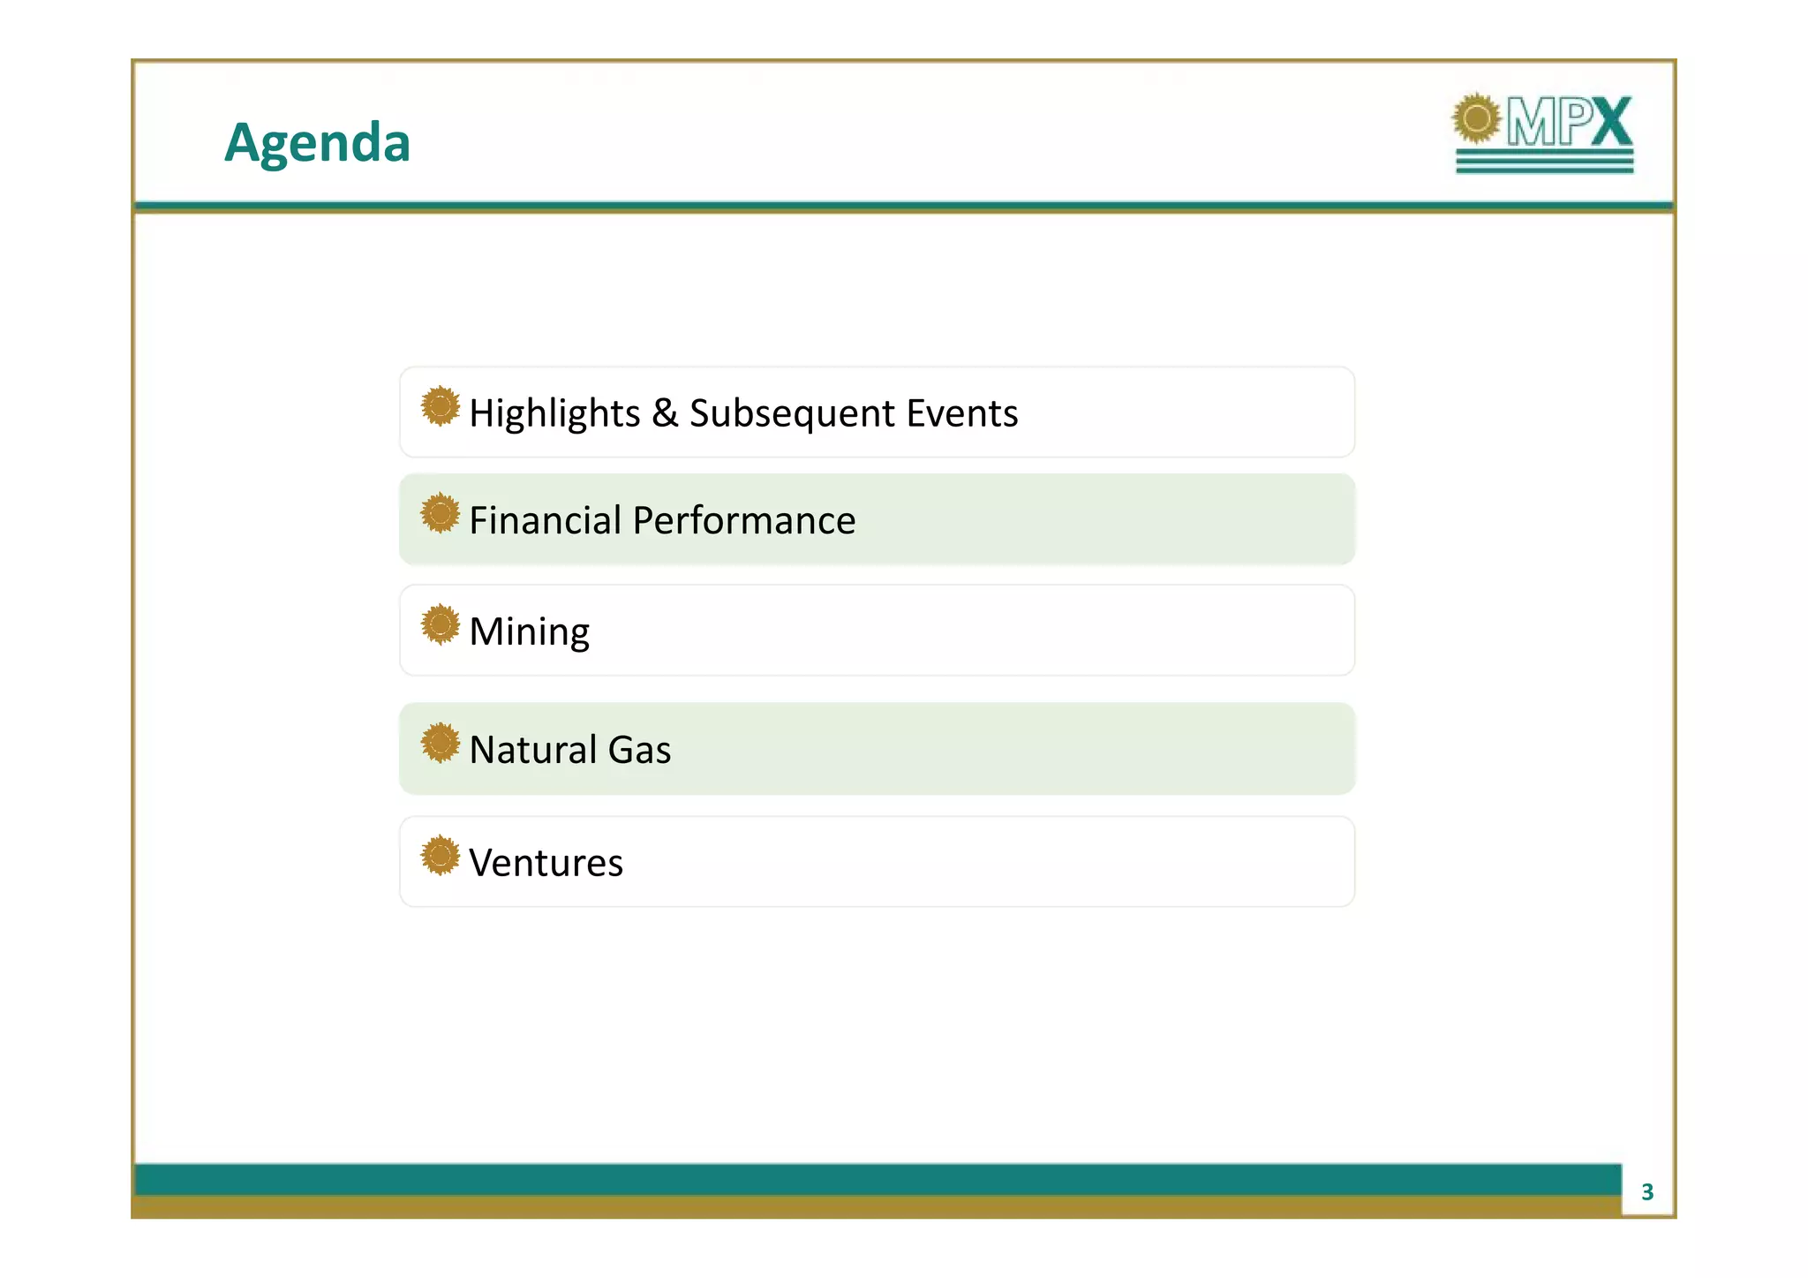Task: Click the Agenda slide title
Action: tap(317, 143)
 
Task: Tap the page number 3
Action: tap(1646, 1192)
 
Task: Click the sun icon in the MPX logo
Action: tap(1477, 118)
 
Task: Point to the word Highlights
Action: tap(554, 413)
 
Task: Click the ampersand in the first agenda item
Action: tap(665, 412)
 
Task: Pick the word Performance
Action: tap(743, 520)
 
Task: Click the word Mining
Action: tap(529, 632)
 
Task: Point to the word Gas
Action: tap(639, 750)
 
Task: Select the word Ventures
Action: tap(546, 863)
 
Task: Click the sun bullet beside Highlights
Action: tap(440, 406)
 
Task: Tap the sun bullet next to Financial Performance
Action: tap(440, 513)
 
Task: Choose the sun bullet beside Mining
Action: tap(440, 624)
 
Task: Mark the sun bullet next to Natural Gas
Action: tap(440, 743)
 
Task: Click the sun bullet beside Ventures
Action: tap(440, 856)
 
